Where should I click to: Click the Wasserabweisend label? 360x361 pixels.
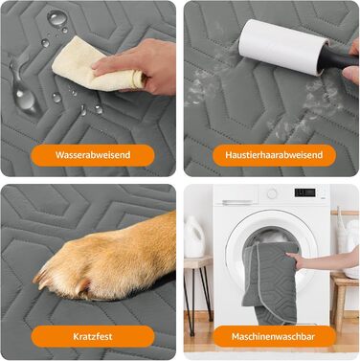pos(93,155)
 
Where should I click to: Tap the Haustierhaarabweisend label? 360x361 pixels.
pos(274,155)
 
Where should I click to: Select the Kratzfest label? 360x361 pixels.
pos(93,336)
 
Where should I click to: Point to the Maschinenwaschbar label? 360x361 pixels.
pos(274,336)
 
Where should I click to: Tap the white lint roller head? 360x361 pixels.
pos(282,46)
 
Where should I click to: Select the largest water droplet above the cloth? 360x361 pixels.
pos(57,17)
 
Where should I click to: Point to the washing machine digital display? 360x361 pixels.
pos(304,192)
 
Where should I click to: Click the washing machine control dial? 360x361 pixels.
pos(272,193)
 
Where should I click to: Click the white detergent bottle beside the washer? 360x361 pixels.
pos(193,237)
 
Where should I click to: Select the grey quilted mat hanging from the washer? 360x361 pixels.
pos(271,280)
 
